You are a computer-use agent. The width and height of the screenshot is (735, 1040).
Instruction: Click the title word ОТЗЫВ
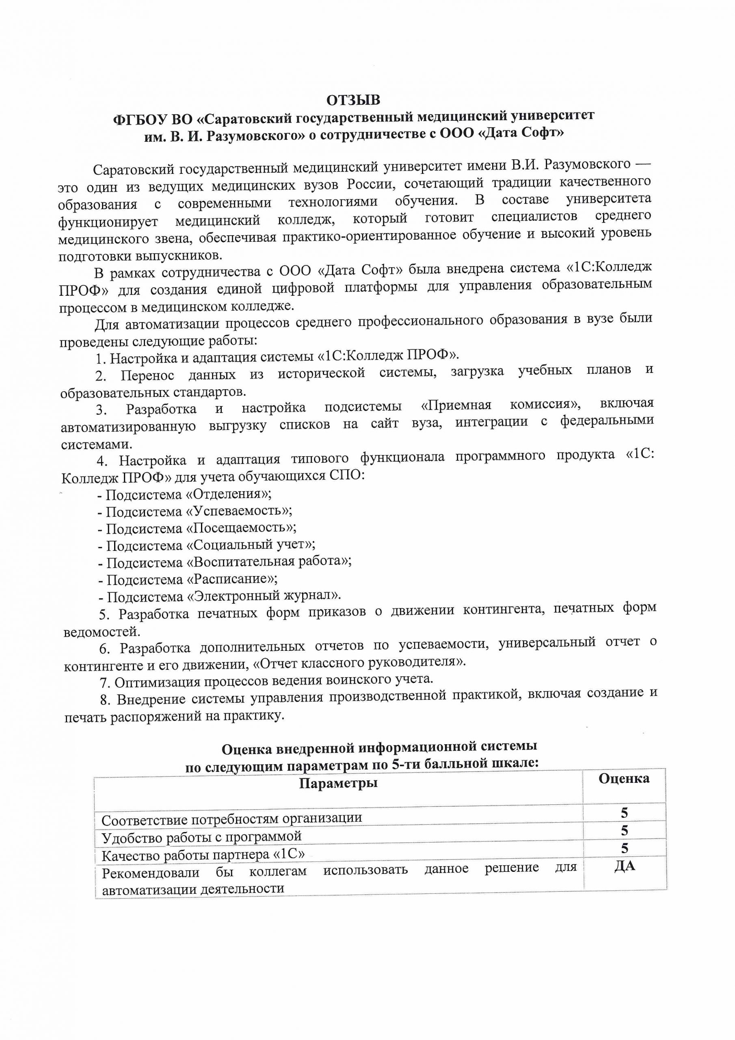[x=353, y=100]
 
